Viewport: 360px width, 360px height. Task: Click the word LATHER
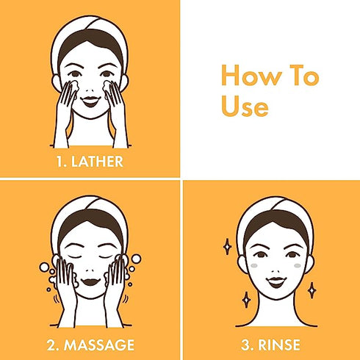97,162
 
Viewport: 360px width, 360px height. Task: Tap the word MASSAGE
99,345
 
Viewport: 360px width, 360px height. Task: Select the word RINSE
279,345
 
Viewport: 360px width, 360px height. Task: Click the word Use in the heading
245,107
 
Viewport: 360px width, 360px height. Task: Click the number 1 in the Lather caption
60,162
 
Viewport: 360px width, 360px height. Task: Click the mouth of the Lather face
90,101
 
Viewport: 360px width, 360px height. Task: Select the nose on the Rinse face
276,271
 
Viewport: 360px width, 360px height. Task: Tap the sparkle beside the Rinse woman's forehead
228,246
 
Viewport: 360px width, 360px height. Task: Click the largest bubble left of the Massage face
44,267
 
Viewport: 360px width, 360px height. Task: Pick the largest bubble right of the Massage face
136,259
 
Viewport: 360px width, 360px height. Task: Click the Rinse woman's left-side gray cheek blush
254,265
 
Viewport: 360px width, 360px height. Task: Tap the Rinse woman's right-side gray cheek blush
298,266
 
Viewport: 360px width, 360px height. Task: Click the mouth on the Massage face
90,282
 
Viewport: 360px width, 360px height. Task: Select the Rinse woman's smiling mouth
276,282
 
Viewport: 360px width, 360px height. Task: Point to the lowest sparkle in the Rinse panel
246,300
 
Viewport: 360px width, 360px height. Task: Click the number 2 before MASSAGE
52,345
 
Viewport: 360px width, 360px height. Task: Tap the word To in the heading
304,75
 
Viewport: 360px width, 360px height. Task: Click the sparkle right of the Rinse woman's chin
312,290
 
